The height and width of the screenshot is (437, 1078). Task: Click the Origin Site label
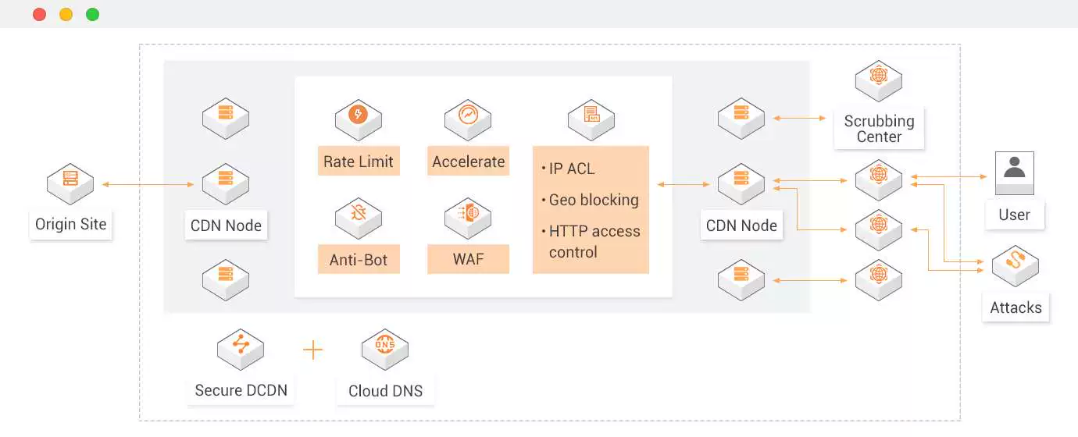(70, 225)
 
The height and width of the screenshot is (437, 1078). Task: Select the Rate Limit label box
(359, 162)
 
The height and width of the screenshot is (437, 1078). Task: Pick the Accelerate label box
(468, 162)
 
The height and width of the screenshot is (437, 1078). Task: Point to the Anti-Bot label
(359, 260)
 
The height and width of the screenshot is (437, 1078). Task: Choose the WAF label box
(468, 260)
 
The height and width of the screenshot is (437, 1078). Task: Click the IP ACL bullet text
(571, 169)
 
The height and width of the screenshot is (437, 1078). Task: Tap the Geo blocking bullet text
(593, 200)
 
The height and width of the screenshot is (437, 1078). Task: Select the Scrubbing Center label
(879, 129)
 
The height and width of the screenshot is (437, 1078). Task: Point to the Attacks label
(1016, 307)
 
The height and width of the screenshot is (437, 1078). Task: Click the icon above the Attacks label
(1015, 265)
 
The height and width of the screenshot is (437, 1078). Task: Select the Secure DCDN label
(241, 390)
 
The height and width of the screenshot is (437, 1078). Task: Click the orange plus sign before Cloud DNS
(312, 350)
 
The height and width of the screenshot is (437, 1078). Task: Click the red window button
(39, 14)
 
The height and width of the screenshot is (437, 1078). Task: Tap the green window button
(92, 14)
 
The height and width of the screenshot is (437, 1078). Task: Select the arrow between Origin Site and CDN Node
(148, 185)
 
